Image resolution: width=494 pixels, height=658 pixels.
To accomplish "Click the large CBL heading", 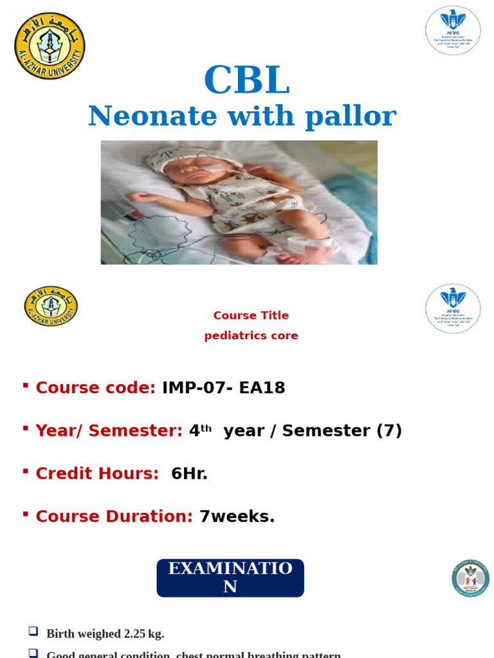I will (x=246, y=82).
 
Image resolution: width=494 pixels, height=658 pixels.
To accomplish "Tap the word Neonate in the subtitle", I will (x=143, y=116).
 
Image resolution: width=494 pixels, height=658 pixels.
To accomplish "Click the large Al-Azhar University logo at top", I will (x=50, y=46).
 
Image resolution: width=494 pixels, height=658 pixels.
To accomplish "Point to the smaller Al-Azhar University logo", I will (x=51, y=306).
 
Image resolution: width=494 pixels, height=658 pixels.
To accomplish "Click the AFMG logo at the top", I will (x=453, y=31).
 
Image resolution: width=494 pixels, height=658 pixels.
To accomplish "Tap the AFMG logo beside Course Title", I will (x=453, y=308).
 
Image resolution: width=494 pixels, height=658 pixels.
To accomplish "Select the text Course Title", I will (x=251, y=316).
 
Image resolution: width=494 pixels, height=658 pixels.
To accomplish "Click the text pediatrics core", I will (x=251, y=336).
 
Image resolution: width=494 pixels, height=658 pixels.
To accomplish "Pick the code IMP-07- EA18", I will (x=223, y=388).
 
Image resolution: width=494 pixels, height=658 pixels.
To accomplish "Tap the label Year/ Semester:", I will (x=109, y=431).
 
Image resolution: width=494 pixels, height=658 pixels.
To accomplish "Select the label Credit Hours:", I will (x=97, y=474).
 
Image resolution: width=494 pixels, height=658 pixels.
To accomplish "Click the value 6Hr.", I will (x=189, y=474).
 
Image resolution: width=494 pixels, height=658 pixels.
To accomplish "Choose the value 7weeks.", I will (x=237, y=517).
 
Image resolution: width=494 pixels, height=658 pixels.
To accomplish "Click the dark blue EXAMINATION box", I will (x=230, y=578).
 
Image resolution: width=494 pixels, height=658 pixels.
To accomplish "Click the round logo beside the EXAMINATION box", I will (x=470, y=578).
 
